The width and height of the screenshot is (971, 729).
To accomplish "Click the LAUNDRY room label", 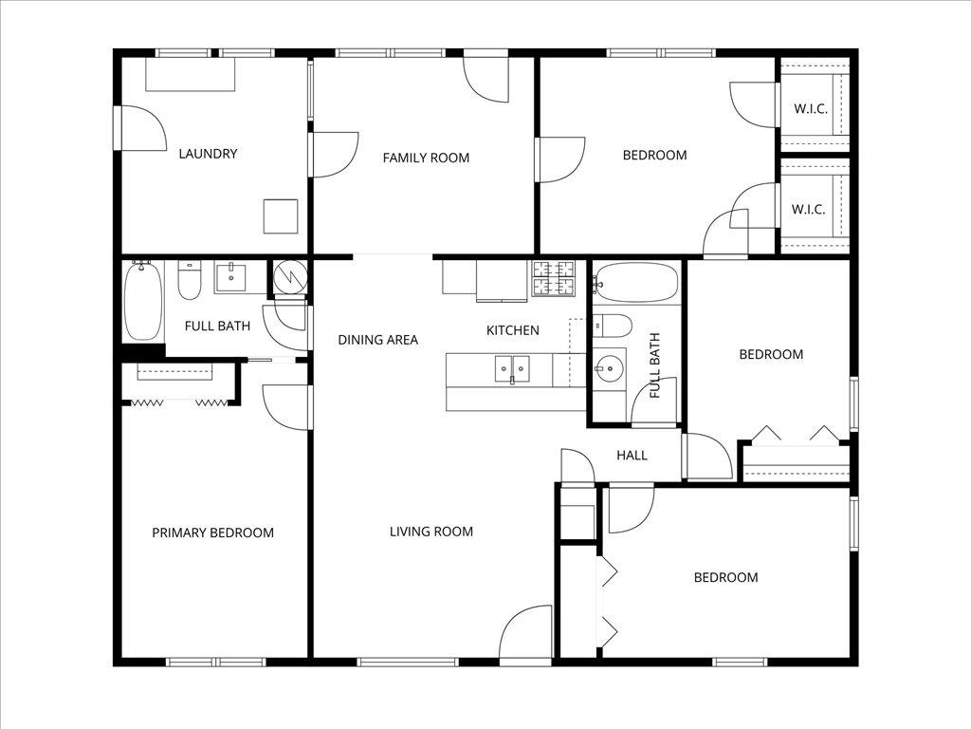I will pos(208,154).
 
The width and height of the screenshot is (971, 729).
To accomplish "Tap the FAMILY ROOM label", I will pos(426,158).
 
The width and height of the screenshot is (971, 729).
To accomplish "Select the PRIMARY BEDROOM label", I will pos(212,533).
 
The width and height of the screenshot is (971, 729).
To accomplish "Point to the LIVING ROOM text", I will pos(431,532).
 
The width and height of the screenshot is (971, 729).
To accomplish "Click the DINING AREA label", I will pos(377,340).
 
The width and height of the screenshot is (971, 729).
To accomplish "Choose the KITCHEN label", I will pos(512,330).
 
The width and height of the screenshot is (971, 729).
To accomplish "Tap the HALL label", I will pos(632,456).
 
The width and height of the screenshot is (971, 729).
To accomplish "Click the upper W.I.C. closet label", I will pos(810,108).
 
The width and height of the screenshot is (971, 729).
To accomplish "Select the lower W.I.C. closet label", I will pos(810,210).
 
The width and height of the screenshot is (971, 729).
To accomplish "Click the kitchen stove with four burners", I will pos(553,277).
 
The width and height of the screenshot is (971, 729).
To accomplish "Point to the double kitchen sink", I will pos(512,369).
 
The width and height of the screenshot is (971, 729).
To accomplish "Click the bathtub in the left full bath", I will pos(142,300).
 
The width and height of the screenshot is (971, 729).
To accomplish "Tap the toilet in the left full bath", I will pos(190,282).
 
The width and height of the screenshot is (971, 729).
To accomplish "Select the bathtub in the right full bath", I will pos(635,283).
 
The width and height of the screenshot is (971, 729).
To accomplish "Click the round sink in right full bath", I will pos(610,365).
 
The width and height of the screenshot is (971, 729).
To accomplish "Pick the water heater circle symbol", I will pos(288,278).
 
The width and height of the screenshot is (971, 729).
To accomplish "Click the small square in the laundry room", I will pos(281,216).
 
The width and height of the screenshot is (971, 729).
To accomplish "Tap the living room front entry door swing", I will pos(526,632).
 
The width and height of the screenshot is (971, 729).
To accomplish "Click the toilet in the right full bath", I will pos(613,327).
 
